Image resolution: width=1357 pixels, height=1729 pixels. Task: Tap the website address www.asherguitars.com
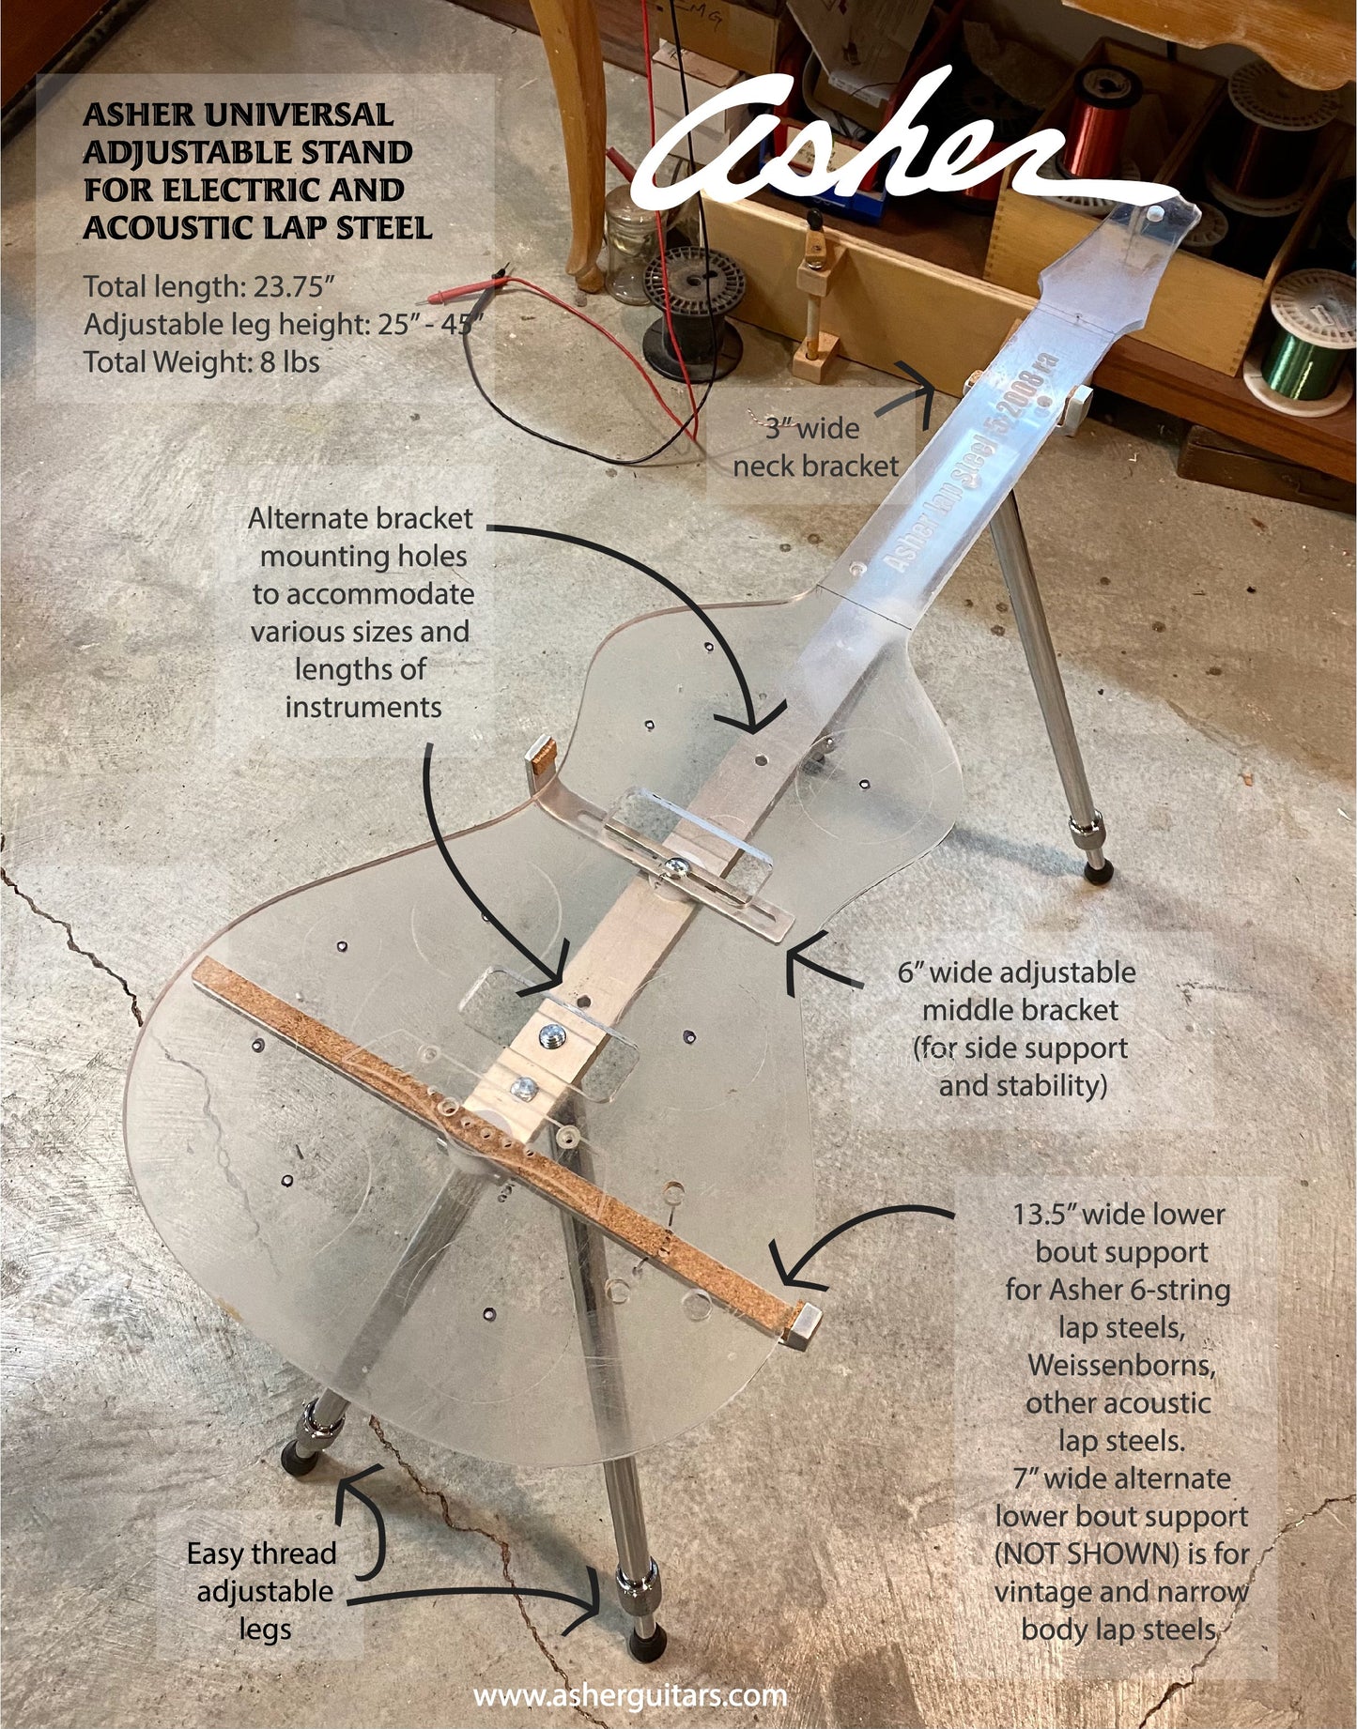[630, 1695]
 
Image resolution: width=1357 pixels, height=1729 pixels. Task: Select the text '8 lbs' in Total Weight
[290, 361]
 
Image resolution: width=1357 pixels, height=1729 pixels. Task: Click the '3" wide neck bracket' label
[815, 447]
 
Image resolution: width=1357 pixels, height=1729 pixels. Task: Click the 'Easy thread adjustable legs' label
[262, 1591]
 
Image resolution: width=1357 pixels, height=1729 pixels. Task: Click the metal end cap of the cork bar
[804, 1324]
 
